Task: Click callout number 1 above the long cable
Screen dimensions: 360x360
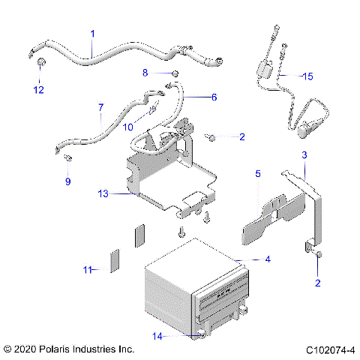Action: click(x=92, y=34)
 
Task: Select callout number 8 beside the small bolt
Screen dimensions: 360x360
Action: click(x=146, y=72)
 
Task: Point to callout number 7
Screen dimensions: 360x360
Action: click(x=100, y=108)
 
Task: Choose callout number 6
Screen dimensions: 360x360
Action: click(x=213, y=97)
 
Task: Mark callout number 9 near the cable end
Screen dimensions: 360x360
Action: click(x=67, y=181)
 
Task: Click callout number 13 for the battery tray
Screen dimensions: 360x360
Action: click(x=103, y=193)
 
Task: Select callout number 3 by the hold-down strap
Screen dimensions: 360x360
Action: click(x=304, y=154)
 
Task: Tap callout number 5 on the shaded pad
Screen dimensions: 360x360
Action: click(x=258, y=173)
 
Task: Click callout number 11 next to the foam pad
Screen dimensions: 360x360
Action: click(x=88, y=269)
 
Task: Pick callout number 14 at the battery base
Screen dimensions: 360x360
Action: click(x=156, y=337)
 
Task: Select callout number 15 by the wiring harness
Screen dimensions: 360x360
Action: click(x=307, y=76)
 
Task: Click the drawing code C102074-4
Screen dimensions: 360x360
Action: click(x=330, y=349)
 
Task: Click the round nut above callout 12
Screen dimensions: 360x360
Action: click(x=40, y=60)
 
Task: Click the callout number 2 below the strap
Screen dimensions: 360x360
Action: click(x=317, y=283)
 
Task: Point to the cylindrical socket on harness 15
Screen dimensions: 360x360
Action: click(x=306, y=129)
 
